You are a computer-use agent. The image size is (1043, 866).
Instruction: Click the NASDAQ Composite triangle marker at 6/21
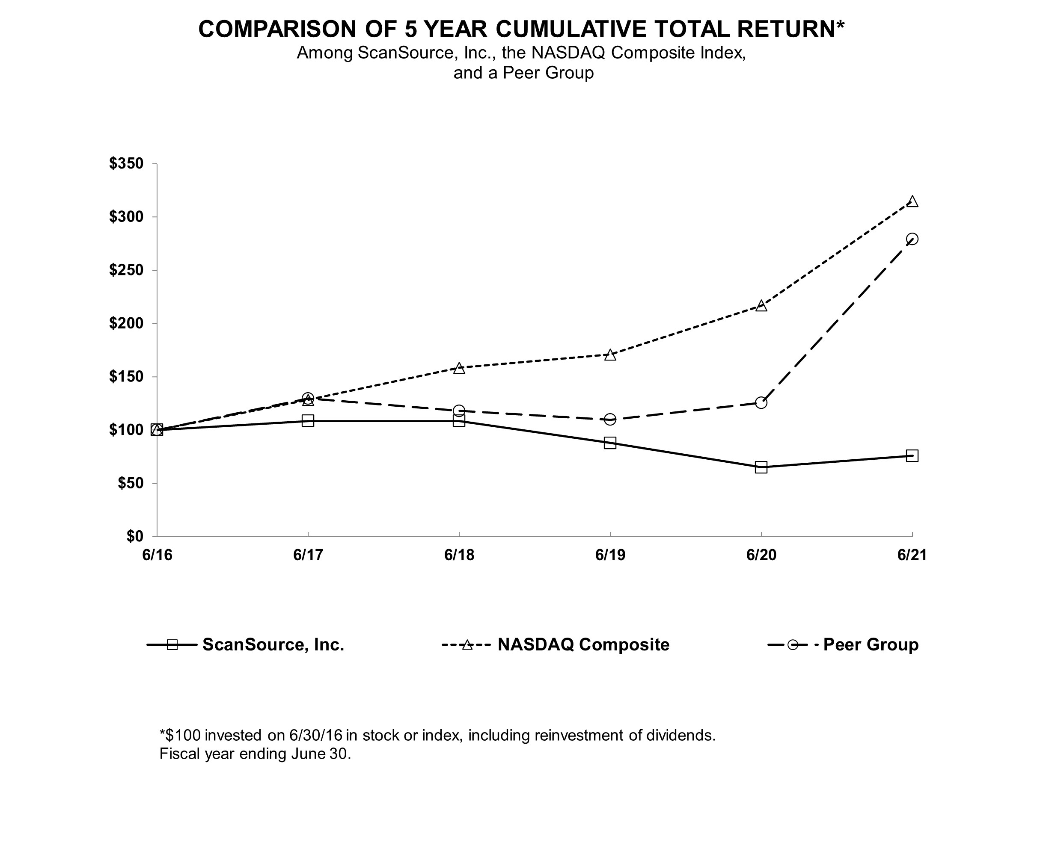pyautogui.click(x=912, y=201)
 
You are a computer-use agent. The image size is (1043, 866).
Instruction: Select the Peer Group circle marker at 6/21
pyautogui.click(x=912, y=239)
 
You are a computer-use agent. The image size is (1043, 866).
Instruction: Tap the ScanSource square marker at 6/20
pyautogui.click(x=761, y=467)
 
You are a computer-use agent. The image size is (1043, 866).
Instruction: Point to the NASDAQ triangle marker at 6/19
pyautogui.click(x=610, y=355)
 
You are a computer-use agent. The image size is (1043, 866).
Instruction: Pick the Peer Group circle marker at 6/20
pyautogui.click(x=761, y=402)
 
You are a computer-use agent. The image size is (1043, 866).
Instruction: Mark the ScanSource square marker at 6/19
pyautogui.click(x=610, y=443)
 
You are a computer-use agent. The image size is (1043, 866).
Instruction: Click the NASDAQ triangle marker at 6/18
pyautogui.click(x=459, y=368)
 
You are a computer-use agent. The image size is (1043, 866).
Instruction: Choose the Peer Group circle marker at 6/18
pyautogui.click(x=459, y=411)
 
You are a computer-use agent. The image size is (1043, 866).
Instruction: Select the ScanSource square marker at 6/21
pyautogui.click(x=912, y=455)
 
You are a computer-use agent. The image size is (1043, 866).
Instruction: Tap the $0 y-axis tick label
pyautogui.click(x=134, y=536)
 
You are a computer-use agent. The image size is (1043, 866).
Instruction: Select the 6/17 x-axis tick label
pyautogui.click(x=308, y=555)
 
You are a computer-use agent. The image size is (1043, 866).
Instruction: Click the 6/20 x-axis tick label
pyautogui.click(x=761, y=555)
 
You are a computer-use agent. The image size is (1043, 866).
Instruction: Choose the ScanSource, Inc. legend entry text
pyautogui.click(x=273, y=644)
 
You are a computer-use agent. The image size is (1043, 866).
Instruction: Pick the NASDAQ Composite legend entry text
pyautogui.click(x=584, y=644)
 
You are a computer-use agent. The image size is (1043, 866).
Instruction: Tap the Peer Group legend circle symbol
pyautogui.click(x=793, y=644)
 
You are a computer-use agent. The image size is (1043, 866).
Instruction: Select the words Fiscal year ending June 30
pyautogui.click(x=255, y=754)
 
